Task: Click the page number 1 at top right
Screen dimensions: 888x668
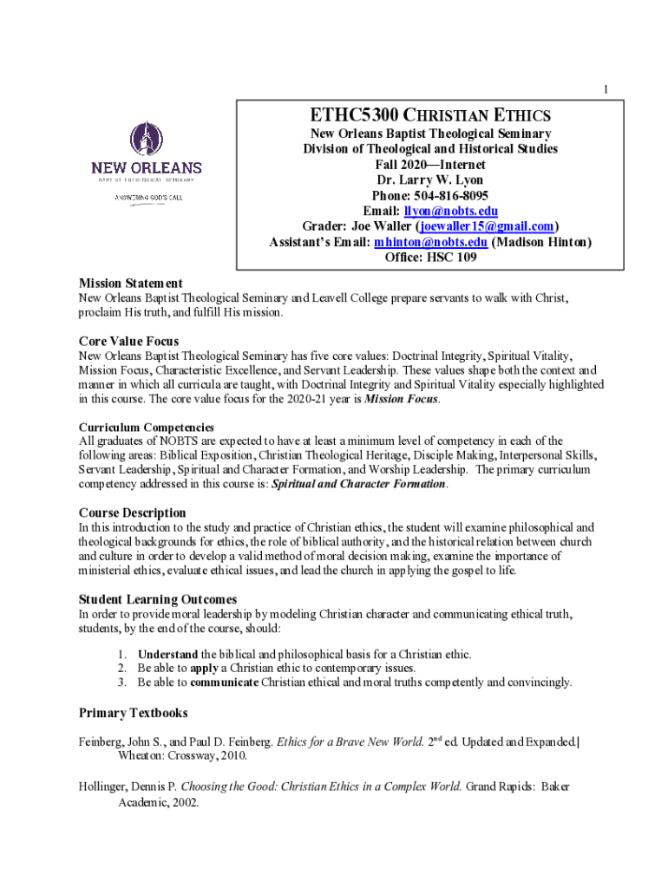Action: pyautogui.click(x=606, y=90)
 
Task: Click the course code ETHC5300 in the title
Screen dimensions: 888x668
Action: pyautogui.click(x=349, y=115)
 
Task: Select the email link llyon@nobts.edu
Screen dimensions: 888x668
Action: pyautogui.click(x=450, y=211)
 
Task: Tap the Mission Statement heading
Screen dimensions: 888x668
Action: pyautogui.click(x=130, y=284)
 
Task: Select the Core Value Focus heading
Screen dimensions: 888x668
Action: pyautogui.click(x=128, y=341)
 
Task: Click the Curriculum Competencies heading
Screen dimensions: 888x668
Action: pyautogui.click(x=147, y=428)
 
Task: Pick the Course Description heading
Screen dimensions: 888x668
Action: pyautogui.click(x=132, y=513)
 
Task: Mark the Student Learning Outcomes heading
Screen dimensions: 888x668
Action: pyautogui.click(x=158, y=599)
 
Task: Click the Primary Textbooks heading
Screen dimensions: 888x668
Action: pyautogui.click(x=133, y=713)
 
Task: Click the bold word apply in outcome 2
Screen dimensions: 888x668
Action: pyautogui.click(x=204, y=668)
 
